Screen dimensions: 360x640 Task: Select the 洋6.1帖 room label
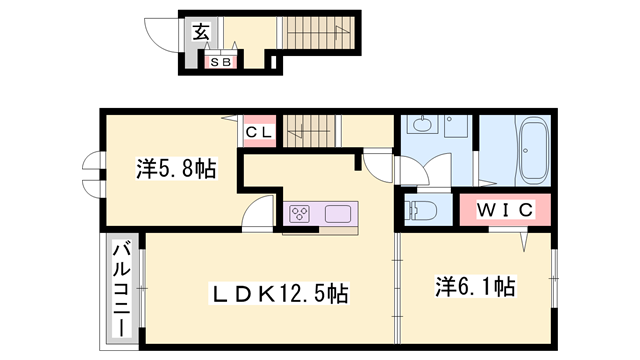pyautogui.click(x=474, y=288)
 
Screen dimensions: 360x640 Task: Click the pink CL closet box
pyautogui.click(x=258, y=131)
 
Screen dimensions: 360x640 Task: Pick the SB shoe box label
pyautogui.click(x=220, y=62)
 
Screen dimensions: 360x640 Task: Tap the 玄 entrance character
pyautogui.click(x=200, y=32)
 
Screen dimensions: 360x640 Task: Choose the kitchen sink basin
pyautogui.click(x=337, y=212)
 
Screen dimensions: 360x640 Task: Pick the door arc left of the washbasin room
pyautogui.click(x=379, y=164)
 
